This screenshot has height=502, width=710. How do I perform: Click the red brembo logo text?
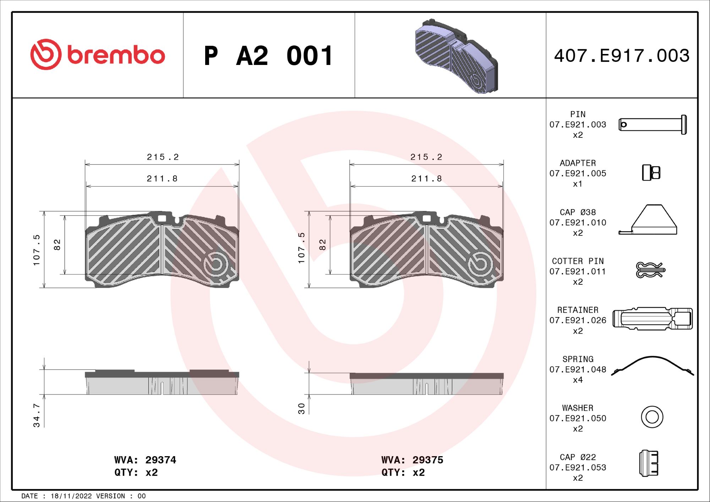click(116, 55)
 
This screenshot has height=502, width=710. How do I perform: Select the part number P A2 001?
click(268, 56)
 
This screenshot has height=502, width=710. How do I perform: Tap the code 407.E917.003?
click(622, 56)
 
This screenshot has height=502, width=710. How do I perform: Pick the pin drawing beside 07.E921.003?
click(652, 125)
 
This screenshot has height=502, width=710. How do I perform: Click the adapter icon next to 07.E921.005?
click(651, 173)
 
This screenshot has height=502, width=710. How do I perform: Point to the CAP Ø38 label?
click(578, 212)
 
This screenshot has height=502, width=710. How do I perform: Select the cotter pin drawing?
click(650, 270)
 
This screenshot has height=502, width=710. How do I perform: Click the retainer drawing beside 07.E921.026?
click(652, 318)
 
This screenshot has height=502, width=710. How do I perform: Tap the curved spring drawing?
click(652, 366)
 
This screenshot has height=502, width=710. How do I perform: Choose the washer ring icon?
click(652, 417)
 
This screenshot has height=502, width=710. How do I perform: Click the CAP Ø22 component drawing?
click(649, 463)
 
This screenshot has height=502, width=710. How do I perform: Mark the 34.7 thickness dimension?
click(37, 415)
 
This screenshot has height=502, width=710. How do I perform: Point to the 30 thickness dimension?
click(301, 408)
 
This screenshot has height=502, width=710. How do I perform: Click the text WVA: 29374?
click(145, 460)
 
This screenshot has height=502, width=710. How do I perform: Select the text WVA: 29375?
click(412, 460)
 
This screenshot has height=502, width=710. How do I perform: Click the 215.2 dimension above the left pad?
click(163, 157)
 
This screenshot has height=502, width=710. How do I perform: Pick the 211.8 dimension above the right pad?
click(426, 179)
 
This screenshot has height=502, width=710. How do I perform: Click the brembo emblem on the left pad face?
click(216, 264)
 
